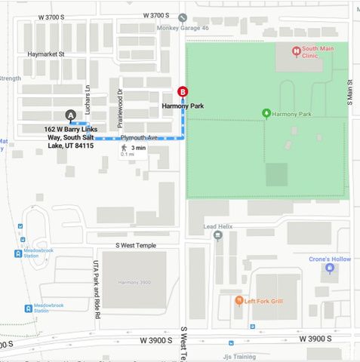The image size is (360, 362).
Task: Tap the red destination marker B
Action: pyautogui.click(x=182, y=92)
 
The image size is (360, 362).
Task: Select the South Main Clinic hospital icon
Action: pyautogui.click(x=297, y=51)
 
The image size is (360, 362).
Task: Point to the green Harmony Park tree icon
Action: pyautogui.click(x=266, y=114)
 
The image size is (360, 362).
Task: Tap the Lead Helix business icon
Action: pyautogui.click(x=218, y=235)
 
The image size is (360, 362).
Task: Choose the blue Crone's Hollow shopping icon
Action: pyautogui.click(x=329, y=268)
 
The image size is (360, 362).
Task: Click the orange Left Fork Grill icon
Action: pyautogui.click(x=239, y=300)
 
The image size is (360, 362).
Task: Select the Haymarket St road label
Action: pyautogui.click(x=46, y=54)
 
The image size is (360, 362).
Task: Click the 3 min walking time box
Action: pyautogui.click(x=133, y=150)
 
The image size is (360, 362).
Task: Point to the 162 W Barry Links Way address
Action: pyautogui.click(x=69, y=137)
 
